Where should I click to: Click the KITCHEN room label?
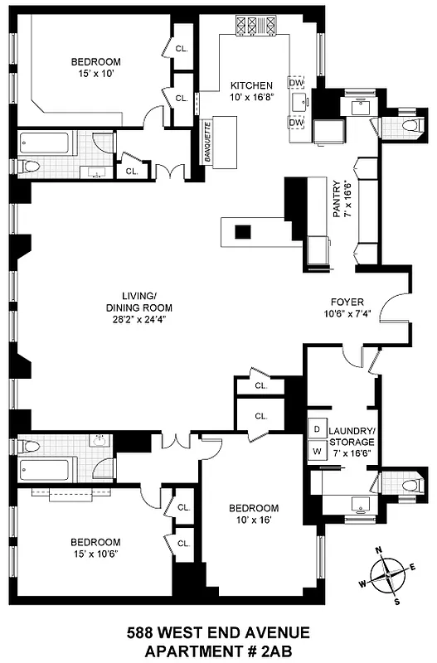(251, 85)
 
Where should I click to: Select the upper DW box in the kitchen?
(295, 82)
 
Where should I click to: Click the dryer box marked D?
(316, 430)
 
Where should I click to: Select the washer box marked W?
(316, 452)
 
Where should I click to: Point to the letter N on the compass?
(377, 550)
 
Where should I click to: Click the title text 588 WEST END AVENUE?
(218, 634)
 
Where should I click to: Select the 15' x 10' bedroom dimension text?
(96, 74)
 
